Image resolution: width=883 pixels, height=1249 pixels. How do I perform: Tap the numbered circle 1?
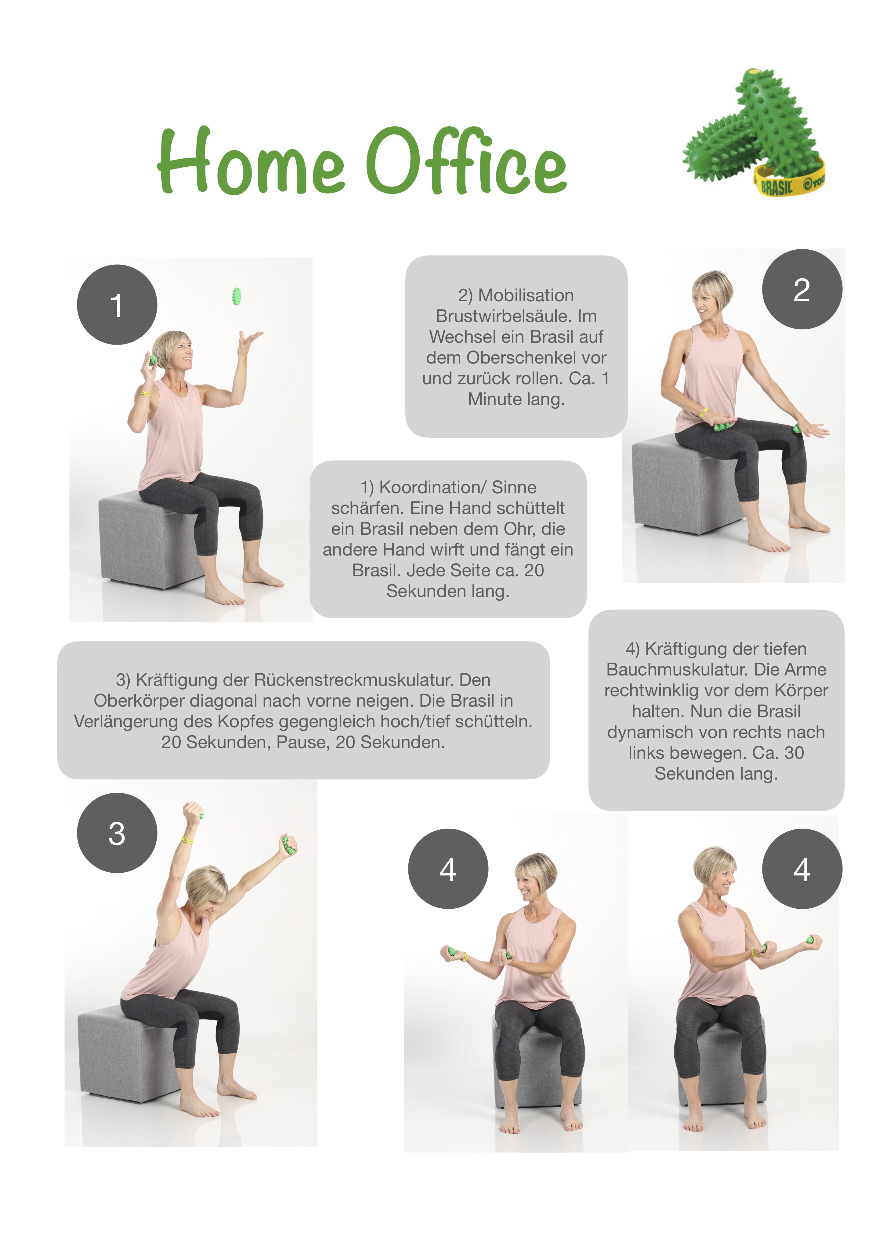point(117,305)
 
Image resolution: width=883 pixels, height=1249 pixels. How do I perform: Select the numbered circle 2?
point(802,289)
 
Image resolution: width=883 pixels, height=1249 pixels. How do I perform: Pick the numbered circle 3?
point(117,833)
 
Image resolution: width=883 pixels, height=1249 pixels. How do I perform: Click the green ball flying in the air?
point(236,296)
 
